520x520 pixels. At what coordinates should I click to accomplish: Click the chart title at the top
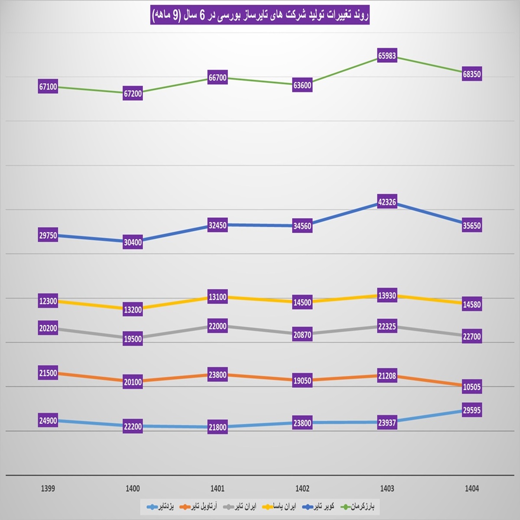point(260,16)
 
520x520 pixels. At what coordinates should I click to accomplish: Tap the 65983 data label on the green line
point(387,56)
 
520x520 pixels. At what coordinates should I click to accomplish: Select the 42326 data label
point(387,202)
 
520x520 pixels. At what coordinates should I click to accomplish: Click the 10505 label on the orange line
point(471,387)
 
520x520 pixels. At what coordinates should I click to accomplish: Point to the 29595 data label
point(471,410)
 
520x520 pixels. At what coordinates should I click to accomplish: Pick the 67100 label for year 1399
point(48,87)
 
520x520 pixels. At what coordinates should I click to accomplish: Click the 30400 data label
point(133,243)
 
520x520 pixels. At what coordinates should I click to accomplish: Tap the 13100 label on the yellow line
point(218,297)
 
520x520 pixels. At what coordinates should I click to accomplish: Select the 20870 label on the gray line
point(302,335)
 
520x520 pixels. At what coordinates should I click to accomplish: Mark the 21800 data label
point(218,427)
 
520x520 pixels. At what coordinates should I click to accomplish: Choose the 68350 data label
point(471,74)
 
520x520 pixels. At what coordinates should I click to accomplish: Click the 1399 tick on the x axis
point(48,489)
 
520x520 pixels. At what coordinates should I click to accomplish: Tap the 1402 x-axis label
point(302,489)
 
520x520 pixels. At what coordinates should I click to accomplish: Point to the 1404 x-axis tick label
point(471,489)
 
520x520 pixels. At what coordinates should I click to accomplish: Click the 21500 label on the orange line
point(48,374)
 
